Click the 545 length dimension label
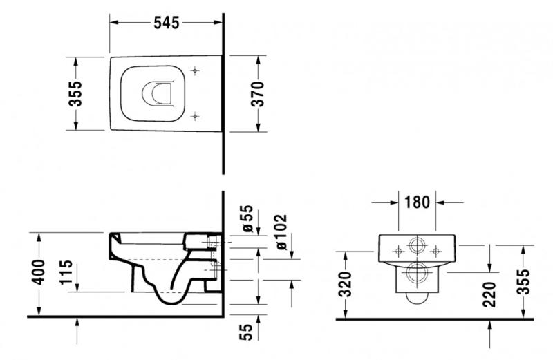[167, 23]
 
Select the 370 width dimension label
[257, 94]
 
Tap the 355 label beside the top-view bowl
[75, 94]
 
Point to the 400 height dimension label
[38, 272]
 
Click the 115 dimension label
[66, 272]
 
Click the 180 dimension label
[417, 202]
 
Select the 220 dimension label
[489, 294]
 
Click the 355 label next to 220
[525, 281]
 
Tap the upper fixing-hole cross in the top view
[195, 71]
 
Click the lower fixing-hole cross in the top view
[195, 116]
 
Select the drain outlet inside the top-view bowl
[158, 94]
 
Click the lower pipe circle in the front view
[417, 272]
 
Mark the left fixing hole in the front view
[399, 252]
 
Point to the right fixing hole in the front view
[436, 252]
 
